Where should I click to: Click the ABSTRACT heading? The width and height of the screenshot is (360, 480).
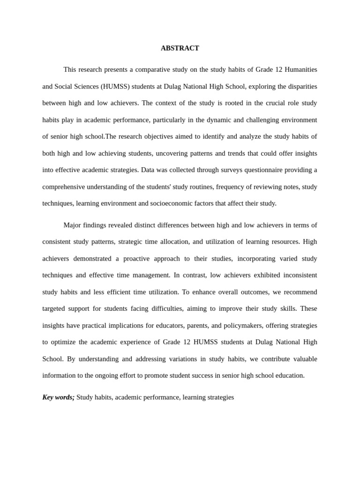point(180,48)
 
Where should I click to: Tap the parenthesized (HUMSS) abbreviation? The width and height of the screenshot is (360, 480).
point(120,86)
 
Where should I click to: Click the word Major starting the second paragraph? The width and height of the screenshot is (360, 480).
point(73,225)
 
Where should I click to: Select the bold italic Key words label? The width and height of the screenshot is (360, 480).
point(58,397)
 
